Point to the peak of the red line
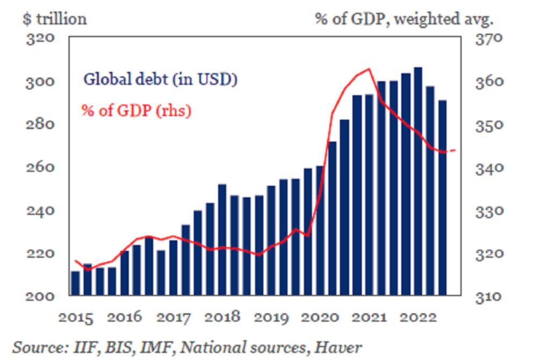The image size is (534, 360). coord(369,69)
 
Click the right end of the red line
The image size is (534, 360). coord(456,150)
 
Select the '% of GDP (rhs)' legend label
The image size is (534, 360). coord(136,111)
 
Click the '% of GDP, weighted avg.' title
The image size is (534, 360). coord(403,19)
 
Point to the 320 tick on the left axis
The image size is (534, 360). coord(41,39)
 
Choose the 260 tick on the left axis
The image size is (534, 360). coord(41,167)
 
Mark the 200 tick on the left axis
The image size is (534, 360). coord(41,296)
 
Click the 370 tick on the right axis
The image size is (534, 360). coord(489,39)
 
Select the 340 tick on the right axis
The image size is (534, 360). coord(489,168)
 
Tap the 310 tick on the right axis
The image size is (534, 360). coord(489,296)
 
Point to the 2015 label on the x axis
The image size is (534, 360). coord(76,317)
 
